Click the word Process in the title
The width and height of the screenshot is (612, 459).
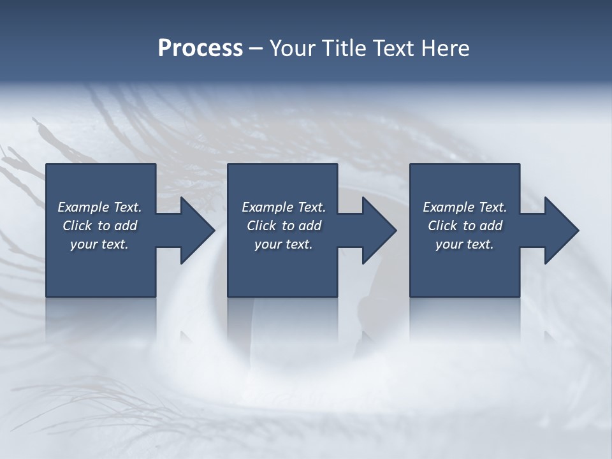pyautogui.click(x=200, y=48)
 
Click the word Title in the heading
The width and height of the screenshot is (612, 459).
pyautogui.click(x=343, y=48)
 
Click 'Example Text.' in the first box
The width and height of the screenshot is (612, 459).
pyautogui.click(x=99, y=207)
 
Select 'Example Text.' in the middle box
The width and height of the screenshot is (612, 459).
pyautogui.click(x=284, y=207)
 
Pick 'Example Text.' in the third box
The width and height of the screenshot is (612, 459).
pyautogui.click(x=465, y=207)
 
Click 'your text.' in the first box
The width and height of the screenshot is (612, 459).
pyautogui.click(x=99, y=244)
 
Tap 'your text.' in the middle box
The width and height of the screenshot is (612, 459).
pyautogui.click(x=284, y=244)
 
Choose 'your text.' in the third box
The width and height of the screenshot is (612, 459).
pyautogui.click(x=465, y=244)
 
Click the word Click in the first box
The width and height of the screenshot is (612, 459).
pyautogui.click(x=77, y=226)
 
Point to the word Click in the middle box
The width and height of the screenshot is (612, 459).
pyautogui.click(x=261, y=226)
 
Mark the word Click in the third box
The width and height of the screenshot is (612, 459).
pyautogui.click(x=442, y=226)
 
